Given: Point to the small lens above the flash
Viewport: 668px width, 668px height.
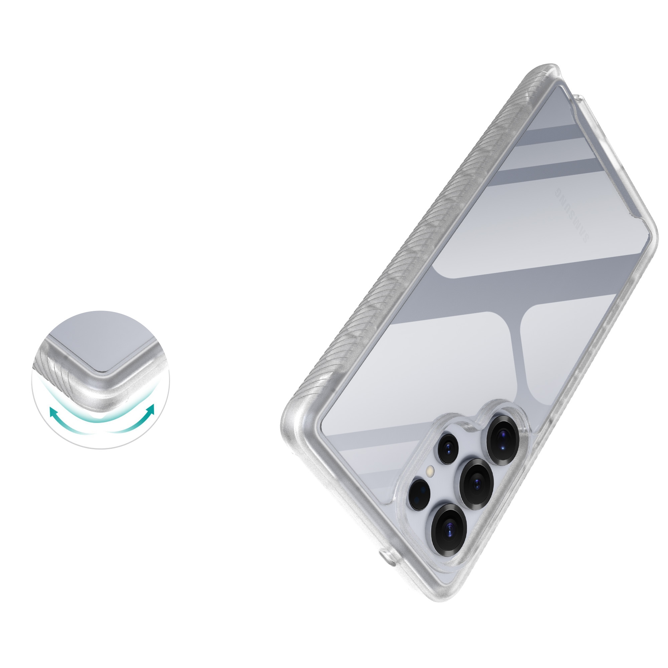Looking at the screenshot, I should (448, 449).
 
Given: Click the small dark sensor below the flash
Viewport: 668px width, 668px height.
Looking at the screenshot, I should (420, 494).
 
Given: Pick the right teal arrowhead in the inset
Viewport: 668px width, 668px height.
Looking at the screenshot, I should (151, 408).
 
